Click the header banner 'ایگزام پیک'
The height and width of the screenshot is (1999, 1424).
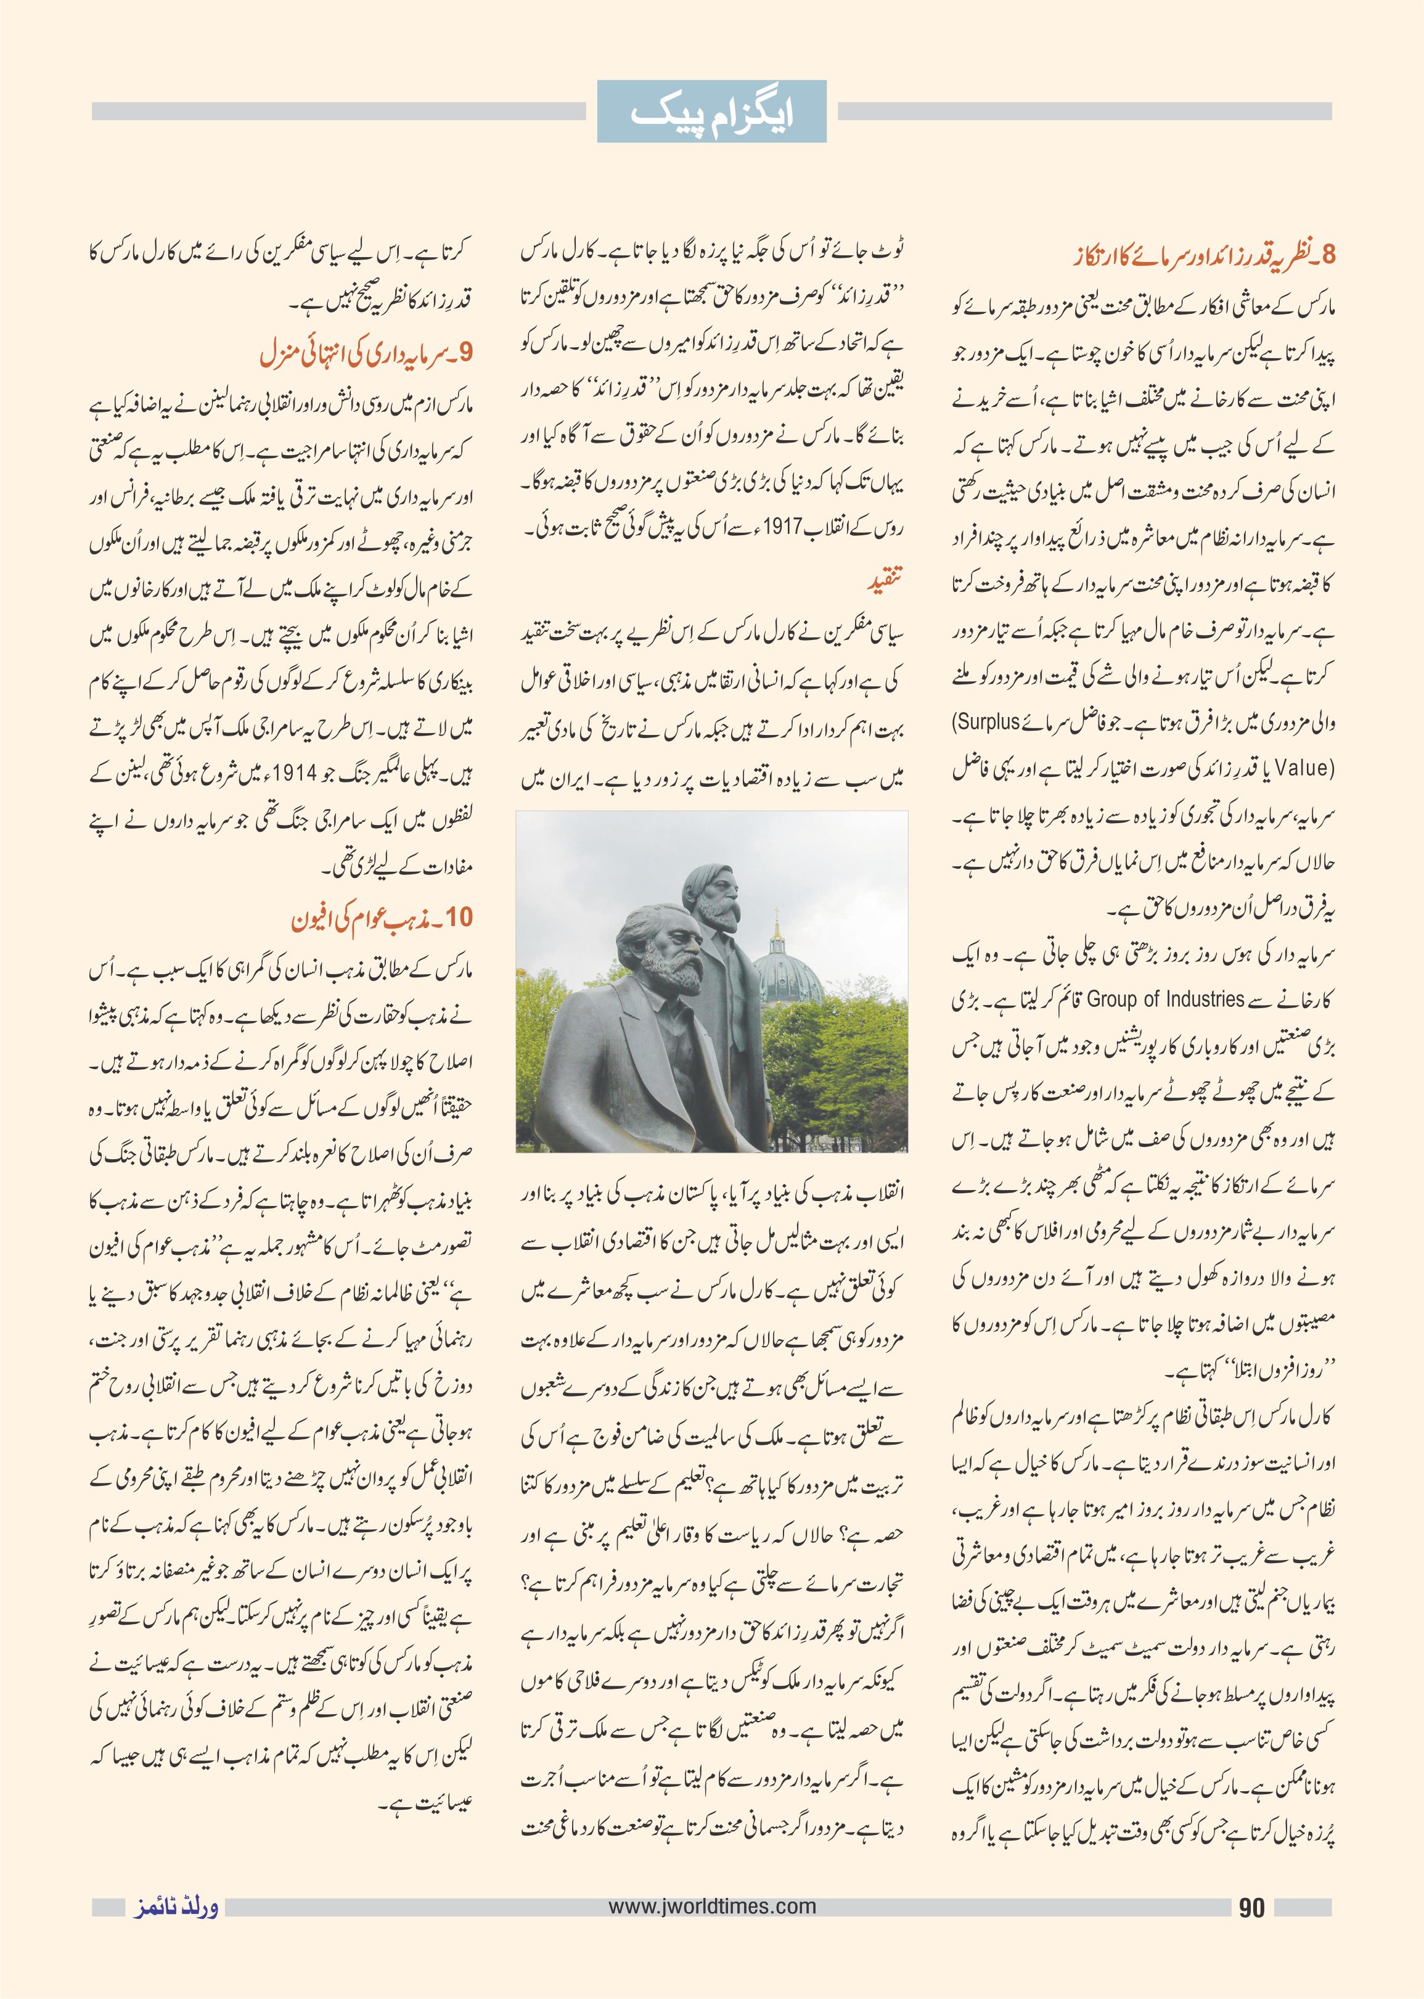(711, 112)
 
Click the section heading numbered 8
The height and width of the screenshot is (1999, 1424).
(1204, 255)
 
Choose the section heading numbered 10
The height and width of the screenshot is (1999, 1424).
(382, 919)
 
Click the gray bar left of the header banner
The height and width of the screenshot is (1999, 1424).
(338, 112)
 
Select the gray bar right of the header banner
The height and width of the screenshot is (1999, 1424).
(1085, 112)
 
